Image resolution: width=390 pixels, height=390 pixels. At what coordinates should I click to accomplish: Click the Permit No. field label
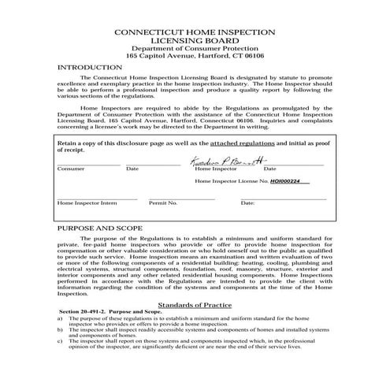162,202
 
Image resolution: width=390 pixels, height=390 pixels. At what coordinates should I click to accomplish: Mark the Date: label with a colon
247,202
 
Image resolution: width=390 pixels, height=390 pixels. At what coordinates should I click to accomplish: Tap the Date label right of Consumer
132,169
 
